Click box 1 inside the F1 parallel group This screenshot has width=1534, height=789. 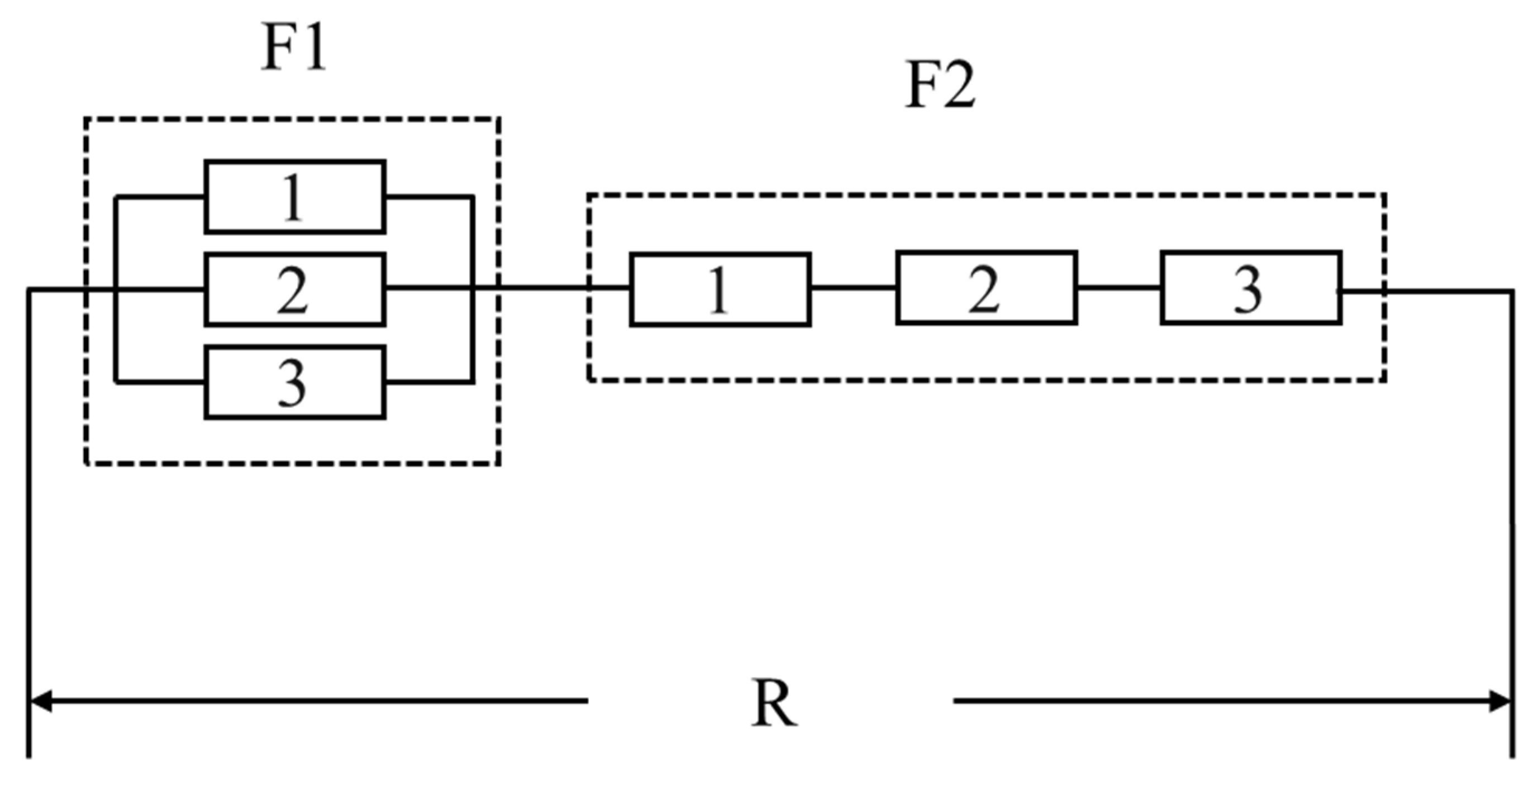click(295, 197)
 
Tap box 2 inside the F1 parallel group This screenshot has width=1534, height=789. click(295, 289)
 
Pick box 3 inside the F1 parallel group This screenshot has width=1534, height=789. click(295, 382)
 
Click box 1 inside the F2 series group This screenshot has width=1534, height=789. click(720, 289)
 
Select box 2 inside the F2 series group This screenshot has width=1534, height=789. click(986, 288)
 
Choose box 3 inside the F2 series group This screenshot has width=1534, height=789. click(1251, 288)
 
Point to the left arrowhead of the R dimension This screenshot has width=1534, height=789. click(39, 701)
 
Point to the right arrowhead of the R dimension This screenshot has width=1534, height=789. click(1499, 701)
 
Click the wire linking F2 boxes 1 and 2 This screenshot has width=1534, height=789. click(853, 288)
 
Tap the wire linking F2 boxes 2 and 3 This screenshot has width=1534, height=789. click(1118, 288)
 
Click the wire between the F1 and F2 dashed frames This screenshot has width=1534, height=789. click(543, 289)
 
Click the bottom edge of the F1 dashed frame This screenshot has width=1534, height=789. click(292, 463)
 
